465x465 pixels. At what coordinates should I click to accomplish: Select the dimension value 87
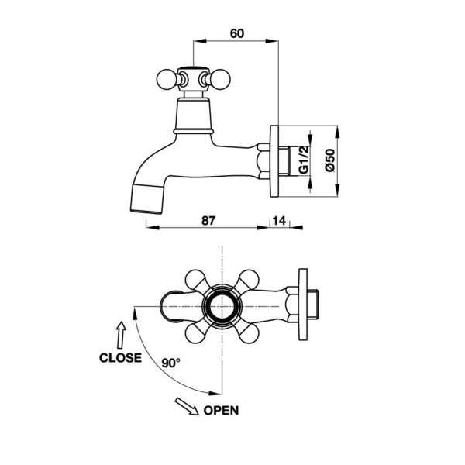click(208, 221)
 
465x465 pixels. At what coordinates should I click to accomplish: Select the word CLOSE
click(120, 358)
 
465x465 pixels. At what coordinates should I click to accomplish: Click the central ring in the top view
click(222, 307)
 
